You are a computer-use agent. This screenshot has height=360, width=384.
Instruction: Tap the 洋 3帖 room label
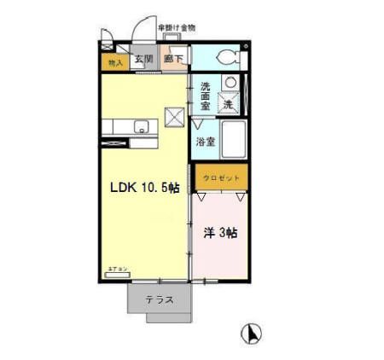pyautogui.click(x=219, y=232)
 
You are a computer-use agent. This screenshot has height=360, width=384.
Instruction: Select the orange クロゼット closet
pyautogui.click(x=221, y=177)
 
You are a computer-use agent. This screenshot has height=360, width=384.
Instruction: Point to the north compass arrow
pyautogui.click(x=253, y=334)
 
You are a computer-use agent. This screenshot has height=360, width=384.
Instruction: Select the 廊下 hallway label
pyautogui.click(x=174, y=59)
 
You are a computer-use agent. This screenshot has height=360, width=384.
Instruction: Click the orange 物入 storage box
pyautogui.click(x=115, y=61)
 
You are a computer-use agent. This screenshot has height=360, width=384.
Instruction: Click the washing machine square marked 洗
pyautogui.click(x=229, y=103)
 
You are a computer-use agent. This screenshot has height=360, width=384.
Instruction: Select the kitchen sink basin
pyautogui.click(x=140, y=127)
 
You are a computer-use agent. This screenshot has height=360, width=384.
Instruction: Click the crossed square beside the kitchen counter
pyautogui.click(x=175, y=117)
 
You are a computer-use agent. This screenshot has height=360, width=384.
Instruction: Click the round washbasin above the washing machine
pyautogui.click(x=229, y=82)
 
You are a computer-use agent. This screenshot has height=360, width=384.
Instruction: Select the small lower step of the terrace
pyautogui.click(x=171, y=318)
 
